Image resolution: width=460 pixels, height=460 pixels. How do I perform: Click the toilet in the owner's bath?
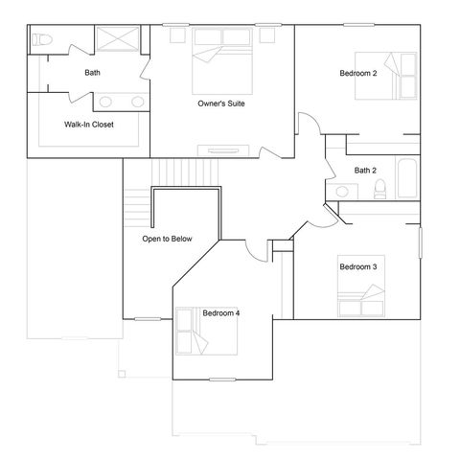pyautogui.click(x=40, y=41)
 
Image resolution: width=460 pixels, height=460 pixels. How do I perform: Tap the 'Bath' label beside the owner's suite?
pyautogui.click(x=92, y=72)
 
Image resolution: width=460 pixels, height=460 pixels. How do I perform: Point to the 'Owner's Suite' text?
pyautogui.click(x=220, y=103)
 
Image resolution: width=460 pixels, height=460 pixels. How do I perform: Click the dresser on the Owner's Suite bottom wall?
pyautogui.click(x=221, y=149)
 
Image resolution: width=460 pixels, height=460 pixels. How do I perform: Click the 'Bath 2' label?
pyautogui.click(x=365, y=171)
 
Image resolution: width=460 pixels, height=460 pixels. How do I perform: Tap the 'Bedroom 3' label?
pyautogui.click(x=356, y=266)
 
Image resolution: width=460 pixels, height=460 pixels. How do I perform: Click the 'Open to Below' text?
pyautogui.click(x=167, y=239)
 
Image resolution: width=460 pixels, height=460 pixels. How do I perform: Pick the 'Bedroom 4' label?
pyautogui.click(x=221, y=312)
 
